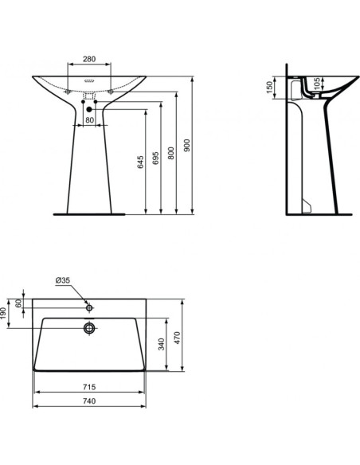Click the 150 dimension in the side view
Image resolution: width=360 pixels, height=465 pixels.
click(x=270, y=84)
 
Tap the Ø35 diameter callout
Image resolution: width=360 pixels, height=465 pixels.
click(x=64, y=280)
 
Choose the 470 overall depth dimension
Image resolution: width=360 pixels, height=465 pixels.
click(x=182, y=337)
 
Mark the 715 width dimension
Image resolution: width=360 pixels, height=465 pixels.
click(x=88, y=385)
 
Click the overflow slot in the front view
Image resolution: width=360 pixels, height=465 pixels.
click(x=88, y=80)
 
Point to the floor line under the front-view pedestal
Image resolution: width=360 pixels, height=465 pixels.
click(x=88, y=213)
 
